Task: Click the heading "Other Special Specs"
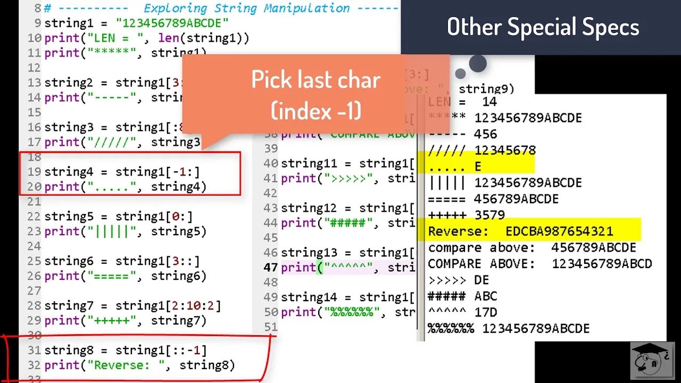coord(543,27)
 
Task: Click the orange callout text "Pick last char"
coord(315,80)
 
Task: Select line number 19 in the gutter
coord(35,172)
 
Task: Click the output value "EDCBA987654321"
coord(560,231)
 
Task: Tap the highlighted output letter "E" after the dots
coord(478,166)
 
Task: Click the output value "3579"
coord(489,215)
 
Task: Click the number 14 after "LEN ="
coord(489,102)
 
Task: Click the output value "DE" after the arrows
coord(481,280)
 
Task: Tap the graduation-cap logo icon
coord(652,360)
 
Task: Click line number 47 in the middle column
coord(271,268)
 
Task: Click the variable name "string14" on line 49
coord(309,297)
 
